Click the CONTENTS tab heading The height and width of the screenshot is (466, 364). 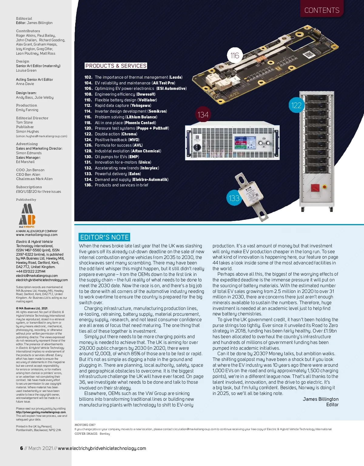pos(322,10)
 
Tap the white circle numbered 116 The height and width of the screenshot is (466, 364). pos(235,56)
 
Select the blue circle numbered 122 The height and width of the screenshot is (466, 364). pos(296,105)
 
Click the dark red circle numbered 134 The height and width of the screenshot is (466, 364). pos(203,115)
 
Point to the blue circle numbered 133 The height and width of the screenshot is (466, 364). pos(234,198)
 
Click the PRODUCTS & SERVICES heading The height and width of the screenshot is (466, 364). pos(116,66)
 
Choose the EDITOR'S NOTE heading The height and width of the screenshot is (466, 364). pos(105,237)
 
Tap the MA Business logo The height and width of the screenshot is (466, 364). pos(27,216)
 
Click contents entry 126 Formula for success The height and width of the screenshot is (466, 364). pos(113,145)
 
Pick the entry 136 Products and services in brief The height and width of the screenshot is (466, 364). pos(116,185)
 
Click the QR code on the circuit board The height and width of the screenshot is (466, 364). pos(308,55)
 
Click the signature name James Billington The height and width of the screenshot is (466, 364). pos(320,399)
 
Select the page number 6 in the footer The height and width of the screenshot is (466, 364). pos(22,448)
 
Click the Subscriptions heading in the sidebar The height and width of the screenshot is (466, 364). pos(29,187)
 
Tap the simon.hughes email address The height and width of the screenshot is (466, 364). pos(42,136)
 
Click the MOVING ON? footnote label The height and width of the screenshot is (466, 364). pos(85,425)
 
